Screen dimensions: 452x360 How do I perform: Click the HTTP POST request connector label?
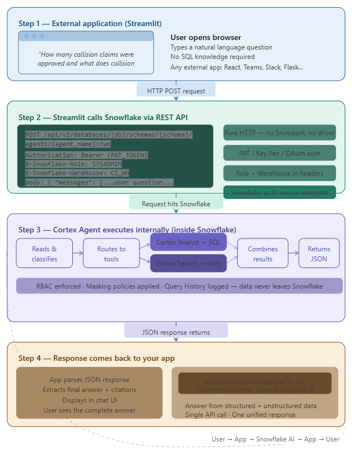[x=176, y=91]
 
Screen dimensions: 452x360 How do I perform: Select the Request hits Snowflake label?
[x=176, y=203]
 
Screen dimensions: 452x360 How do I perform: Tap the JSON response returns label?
[x=176, y=332]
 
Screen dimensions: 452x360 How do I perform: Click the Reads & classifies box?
[x=44, y=254]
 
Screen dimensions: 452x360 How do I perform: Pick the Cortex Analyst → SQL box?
[x=188, y=242]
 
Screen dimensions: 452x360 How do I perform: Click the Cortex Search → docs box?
[x=188, y=263]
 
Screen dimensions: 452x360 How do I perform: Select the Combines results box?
[x=263, y=254]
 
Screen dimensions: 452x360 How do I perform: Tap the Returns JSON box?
[x=319, y=254]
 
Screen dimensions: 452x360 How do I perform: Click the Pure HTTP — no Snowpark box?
[x=279, y=133]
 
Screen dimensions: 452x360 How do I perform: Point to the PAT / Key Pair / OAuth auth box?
[x=279, y=153]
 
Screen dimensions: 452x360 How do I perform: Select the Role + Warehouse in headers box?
[x=279, y=173]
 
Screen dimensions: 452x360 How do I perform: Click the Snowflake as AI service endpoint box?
[x=279, y=192]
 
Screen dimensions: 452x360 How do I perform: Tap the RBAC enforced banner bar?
[x=179, y=286]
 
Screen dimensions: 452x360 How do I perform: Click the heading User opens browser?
[x=206, y=37]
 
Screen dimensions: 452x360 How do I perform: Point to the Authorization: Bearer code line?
[x=87, y=155]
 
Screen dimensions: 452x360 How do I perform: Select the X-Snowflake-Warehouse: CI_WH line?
[x=77, y=173]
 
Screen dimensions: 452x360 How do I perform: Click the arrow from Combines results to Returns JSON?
[x=293, y=254]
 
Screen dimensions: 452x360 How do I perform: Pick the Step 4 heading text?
[x=96, y=358]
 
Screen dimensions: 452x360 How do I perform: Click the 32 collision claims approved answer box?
[x=254, y=383]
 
